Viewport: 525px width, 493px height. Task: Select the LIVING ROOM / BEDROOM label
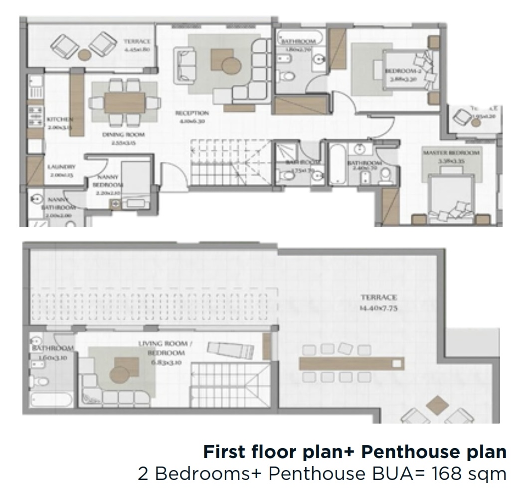163,348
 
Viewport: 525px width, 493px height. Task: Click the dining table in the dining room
124,102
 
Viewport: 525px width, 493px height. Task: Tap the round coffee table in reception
230,65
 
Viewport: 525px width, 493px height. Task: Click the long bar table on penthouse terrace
351,363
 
